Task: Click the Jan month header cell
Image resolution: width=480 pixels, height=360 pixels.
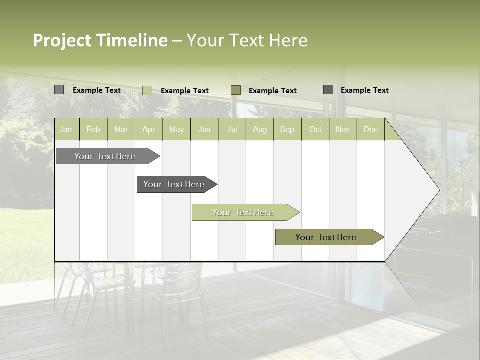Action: coord(66,130)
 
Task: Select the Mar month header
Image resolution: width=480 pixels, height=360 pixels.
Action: coord(121,130)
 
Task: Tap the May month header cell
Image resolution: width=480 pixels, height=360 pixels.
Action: coord(176,130)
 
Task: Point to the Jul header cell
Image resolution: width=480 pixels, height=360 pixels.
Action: coord(232,130)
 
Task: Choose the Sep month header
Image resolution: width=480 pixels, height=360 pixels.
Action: coord(287,130)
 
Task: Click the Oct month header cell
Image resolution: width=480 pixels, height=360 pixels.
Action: coord(315,130)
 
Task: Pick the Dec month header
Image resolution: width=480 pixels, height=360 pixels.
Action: coord(371,130)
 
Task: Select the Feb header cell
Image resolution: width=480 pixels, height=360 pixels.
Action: coord(93,130)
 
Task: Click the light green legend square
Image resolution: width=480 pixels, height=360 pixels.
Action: coord(147,90)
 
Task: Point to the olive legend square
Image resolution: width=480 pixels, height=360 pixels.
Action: coord(236,90)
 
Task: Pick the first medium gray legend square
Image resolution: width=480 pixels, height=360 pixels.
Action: coord(59,90)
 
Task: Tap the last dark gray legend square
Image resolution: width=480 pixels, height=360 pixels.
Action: coord(328,90)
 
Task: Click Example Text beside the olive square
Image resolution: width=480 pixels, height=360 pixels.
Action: coord(273,91)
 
